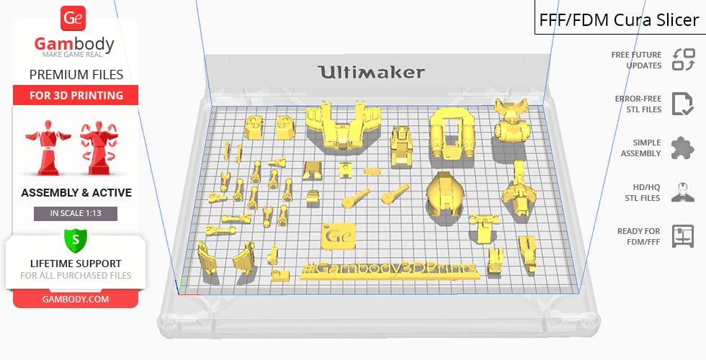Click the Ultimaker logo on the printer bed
(x=371, y=72)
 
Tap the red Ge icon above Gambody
(x=73, y=19)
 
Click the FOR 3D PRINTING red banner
(x=76, y=95)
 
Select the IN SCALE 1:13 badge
(x=76, y=213)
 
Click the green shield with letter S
(x=76, y=240)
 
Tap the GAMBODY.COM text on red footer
(x=76, y=300)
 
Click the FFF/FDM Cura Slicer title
(x=619, y=20)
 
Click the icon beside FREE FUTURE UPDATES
(x=684, y=59)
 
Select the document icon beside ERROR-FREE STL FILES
(x=683, y=104)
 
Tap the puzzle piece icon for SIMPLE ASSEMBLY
(x=683, y=148)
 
